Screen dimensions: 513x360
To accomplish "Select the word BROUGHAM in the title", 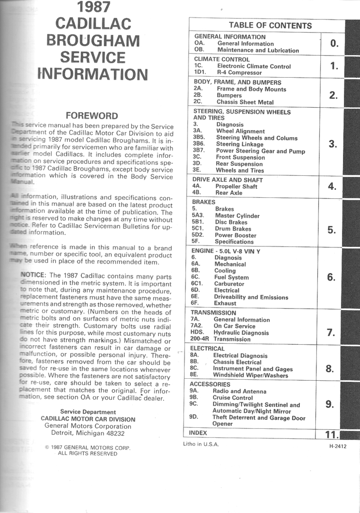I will click(x=93, y=40).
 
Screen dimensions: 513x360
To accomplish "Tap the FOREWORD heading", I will click(x=92, y=116).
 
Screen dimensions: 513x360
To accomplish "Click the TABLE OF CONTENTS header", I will click(x=270, y=26).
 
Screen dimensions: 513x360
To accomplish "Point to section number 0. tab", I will click(x=334, y=44).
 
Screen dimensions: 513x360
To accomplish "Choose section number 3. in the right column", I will click(x=333, y=144).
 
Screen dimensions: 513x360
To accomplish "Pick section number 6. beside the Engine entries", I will click(x=331, y=277).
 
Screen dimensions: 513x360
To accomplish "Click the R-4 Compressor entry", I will click(x=238, y=73).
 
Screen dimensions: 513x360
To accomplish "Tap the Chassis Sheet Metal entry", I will click(x=245, y=102).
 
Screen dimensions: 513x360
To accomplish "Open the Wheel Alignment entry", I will click(x=239, y=131).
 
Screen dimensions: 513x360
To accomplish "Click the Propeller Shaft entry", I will click(x=236, y=186).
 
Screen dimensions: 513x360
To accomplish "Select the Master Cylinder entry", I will click(x=237, y=216).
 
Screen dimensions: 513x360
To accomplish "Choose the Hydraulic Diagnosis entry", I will click(x=241, y=333).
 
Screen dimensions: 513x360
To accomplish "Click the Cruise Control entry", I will click(x=232, y=398).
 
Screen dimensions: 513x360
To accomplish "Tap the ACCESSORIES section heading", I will click(x=210, y=384).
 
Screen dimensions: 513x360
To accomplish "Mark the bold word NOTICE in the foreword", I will click(x=33, y=275).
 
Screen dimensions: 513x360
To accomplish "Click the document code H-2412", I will click(x=338, y=446).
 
